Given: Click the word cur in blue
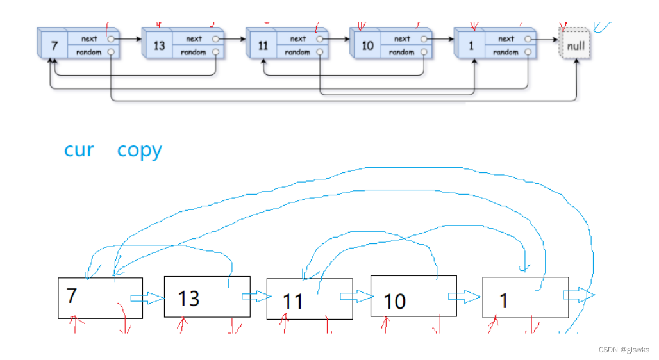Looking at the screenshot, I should pos(79,151).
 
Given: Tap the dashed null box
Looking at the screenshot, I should pos(576,46).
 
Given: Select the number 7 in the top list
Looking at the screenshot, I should pos(54,46).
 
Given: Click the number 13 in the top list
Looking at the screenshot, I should pos(159,46).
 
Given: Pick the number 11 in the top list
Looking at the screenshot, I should pos(263,46).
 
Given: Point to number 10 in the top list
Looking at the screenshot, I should pos(367,46).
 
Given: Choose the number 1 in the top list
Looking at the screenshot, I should pos(472,46).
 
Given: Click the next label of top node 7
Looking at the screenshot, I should pos(89,39).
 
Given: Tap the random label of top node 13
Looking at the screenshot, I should pos(193,53).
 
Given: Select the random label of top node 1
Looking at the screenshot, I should pos(506,53).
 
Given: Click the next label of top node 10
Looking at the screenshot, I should pos(402,39).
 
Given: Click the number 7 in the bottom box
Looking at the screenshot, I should pos(71,295).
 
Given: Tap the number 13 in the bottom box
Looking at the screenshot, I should pos(188,298).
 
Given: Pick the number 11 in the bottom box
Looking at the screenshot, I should pos(292,301).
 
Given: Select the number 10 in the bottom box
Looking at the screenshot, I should pos(394,301).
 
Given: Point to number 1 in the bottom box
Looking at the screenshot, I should pos(504,300).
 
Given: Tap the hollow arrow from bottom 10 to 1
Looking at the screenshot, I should pos(464,296).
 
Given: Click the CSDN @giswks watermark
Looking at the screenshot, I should pos(623,350).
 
